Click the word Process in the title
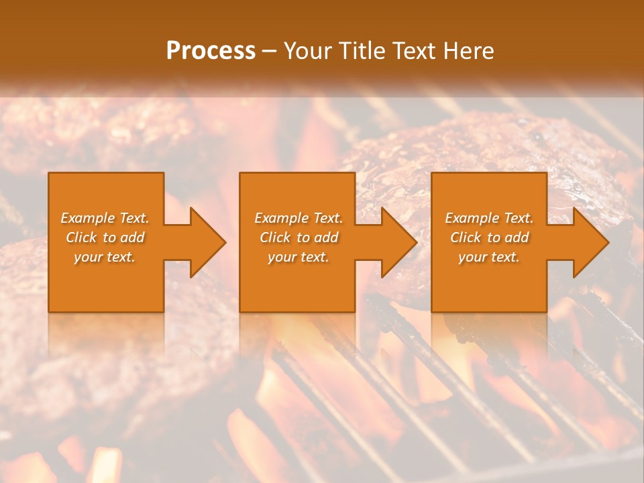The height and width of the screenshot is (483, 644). (x=211, y=51)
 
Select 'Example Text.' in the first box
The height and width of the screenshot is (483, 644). (x=105, y=218)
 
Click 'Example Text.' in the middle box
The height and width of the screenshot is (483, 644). (x=299, y=218)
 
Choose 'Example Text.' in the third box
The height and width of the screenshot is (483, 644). (x=489, y=218)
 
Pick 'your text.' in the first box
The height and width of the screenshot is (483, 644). (x=105, y=257)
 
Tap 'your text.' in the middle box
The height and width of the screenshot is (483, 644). (x=299, y=257)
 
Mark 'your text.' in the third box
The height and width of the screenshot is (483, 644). (x=489, y=257)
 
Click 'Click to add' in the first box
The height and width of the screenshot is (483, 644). (x=105, y=237)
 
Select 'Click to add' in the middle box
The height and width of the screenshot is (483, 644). (x=299, y=237)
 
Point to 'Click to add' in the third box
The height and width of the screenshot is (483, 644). (x=489, y=237)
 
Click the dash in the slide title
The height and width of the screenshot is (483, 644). (x=270, y=51)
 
